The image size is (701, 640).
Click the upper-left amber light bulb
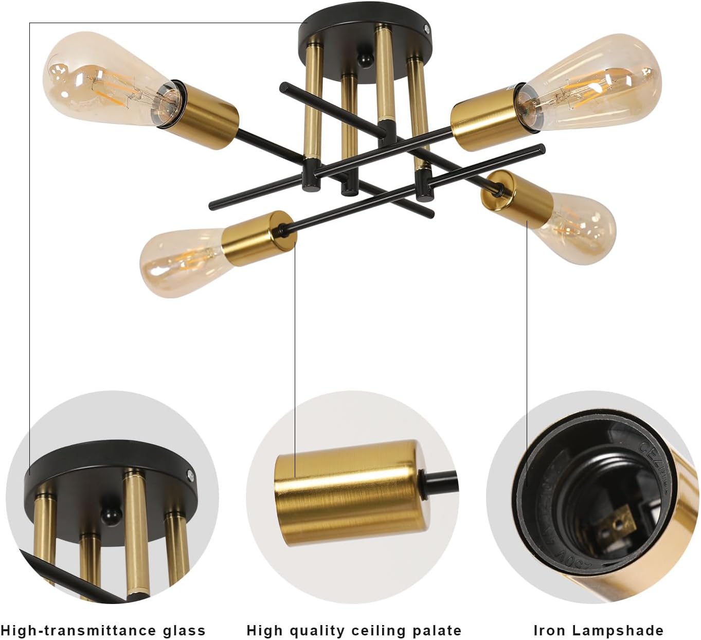point(103,82)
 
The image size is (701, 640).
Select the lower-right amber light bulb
point(579,226)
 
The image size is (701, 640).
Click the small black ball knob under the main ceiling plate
point(366,60)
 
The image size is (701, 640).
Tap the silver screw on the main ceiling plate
point(426,29)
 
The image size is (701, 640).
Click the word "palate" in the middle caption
point(436,630)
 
